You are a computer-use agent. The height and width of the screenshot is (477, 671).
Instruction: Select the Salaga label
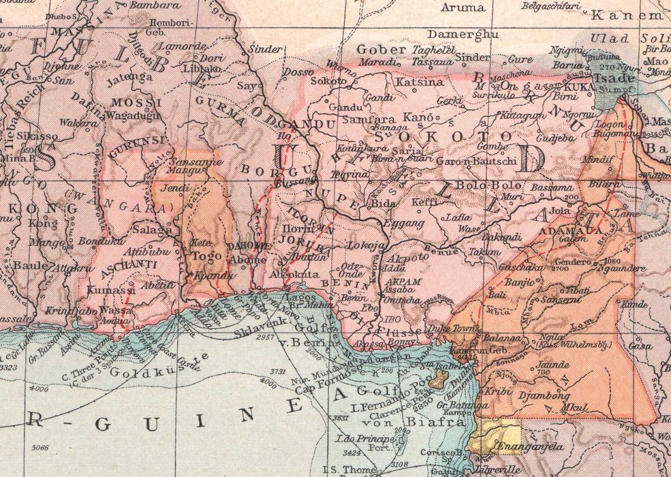click(x=156, y=230)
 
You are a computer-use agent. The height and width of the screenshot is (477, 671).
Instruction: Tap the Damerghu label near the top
click(x=464, y=33)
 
